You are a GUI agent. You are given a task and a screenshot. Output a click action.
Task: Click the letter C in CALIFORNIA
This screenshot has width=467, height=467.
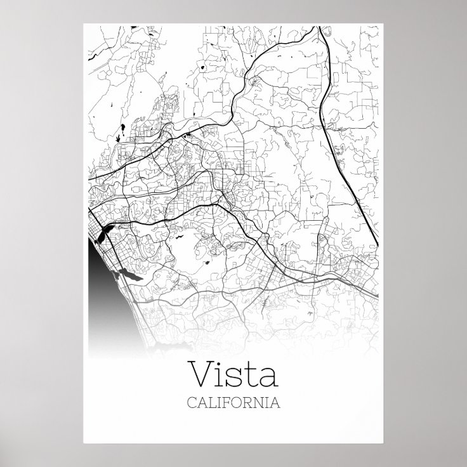[x=191, y=402]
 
